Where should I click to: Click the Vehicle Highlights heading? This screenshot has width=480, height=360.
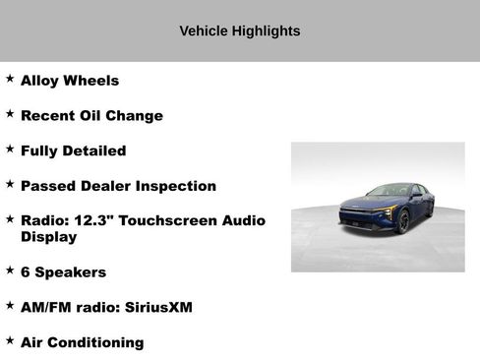pos(240,30)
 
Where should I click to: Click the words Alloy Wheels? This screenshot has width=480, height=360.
pos(70,81)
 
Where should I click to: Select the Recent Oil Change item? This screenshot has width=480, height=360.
pos(91,116)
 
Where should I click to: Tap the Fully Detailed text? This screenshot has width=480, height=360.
pos(73,151)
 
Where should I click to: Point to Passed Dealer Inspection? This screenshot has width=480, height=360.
pos(118,186)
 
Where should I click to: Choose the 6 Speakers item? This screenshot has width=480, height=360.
pos(63,271)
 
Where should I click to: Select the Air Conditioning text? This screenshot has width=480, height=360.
pos(82,342)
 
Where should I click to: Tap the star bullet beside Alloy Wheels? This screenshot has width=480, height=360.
pos(10,79)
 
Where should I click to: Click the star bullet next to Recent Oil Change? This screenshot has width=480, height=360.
pos(10,114)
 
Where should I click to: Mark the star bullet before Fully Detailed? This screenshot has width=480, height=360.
pos(10,150)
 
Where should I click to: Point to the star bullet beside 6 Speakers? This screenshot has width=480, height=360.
pos(10,270)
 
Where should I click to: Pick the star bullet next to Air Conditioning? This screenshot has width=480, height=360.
pos(10,340)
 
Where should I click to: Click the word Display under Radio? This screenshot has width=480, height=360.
pos(48,237)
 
